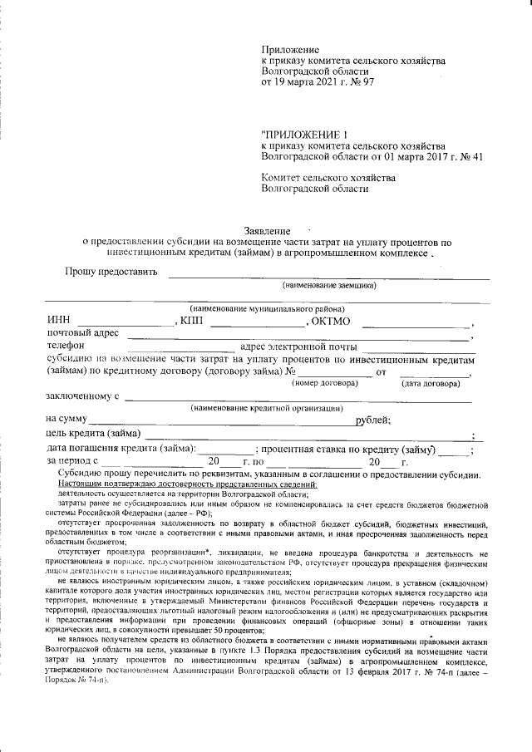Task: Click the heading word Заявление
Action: [267, 230]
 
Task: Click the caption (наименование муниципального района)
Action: [261, 308]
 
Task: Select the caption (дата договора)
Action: [431, 384]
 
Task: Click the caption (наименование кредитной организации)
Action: [266, 408]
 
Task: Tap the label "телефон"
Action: [66, 347]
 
